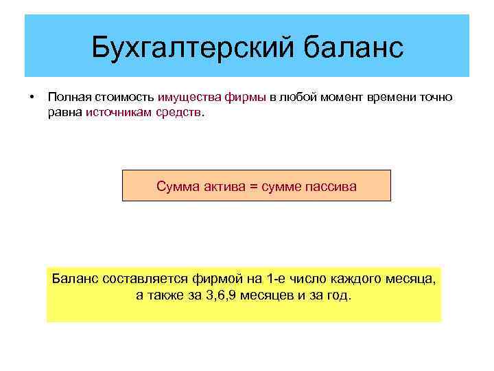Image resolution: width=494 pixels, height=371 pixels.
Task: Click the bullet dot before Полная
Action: (x=31, y=97)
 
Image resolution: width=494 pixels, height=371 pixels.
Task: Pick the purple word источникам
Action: (x=117, y=111)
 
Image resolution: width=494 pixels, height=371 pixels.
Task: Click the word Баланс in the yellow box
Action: (x=75, y=279)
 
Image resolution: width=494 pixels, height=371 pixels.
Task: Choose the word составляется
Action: (x=142, y=279)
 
